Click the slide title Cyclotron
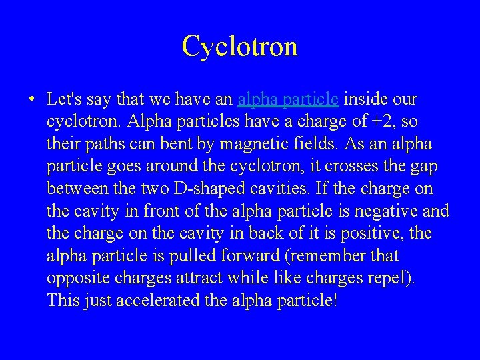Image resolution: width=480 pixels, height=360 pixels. click(x=239, y=46)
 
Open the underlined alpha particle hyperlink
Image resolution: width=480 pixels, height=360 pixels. click(x=289, y=100)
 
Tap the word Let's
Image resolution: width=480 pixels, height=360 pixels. click(x=64, y=100)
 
